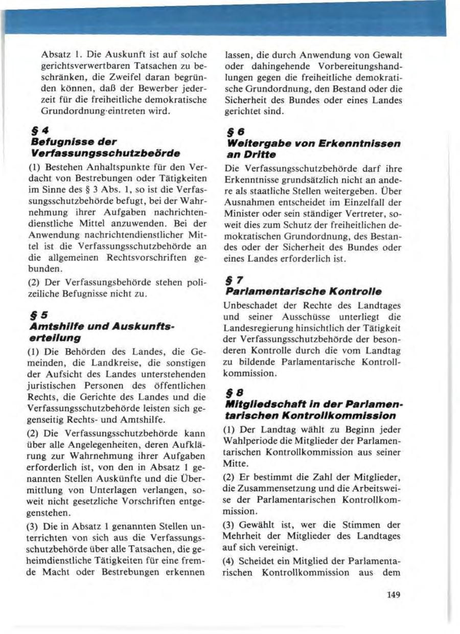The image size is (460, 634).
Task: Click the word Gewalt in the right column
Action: point(388,55)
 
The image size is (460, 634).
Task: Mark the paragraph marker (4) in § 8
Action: point(231,561)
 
